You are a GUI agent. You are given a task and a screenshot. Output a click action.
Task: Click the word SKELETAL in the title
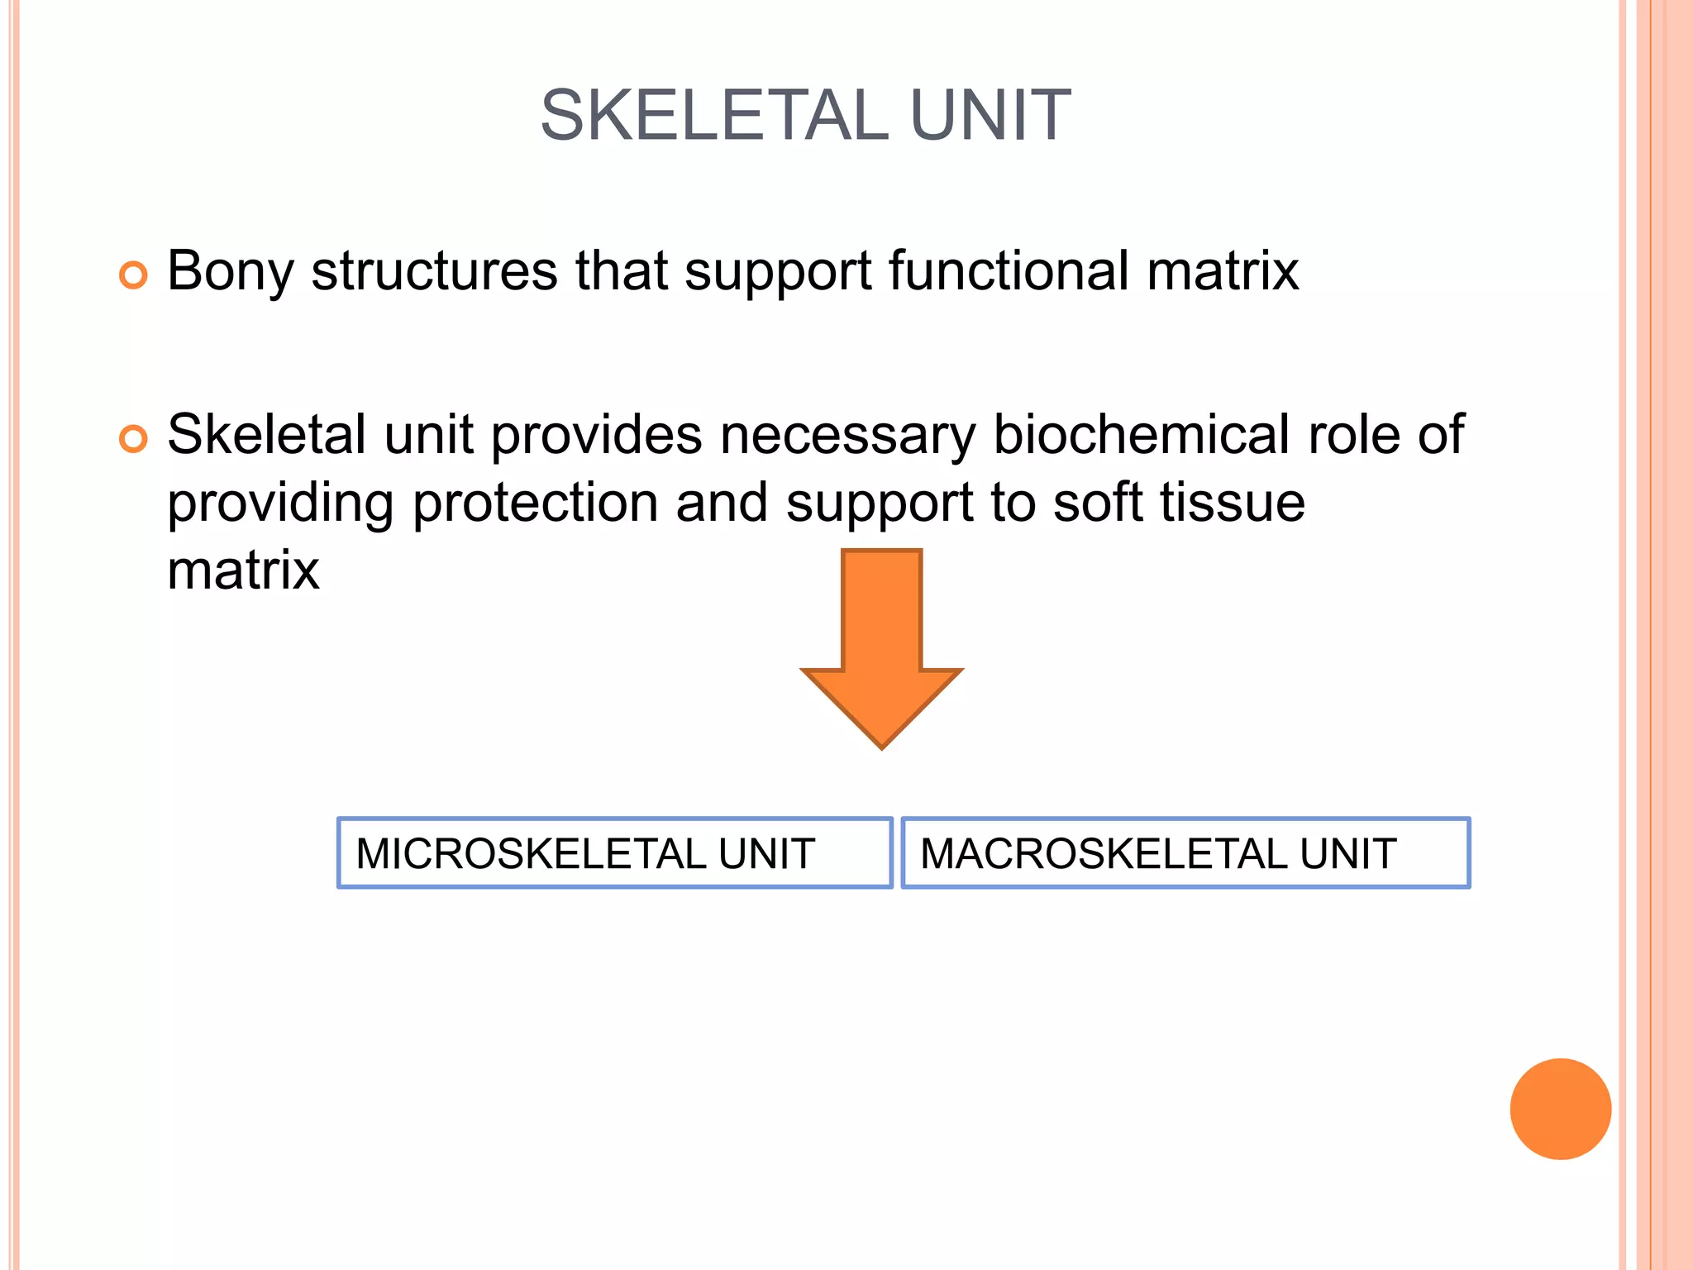pyautogui.click(x=714, y=116)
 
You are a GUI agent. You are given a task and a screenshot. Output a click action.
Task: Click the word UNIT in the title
pyautogui.click(x=990, y=116)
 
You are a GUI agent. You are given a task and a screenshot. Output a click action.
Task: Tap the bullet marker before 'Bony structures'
pyautogui.click(x=133, y=275)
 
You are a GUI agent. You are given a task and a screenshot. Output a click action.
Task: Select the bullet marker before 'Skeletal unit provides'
pyautogui.click(x=133, y=438)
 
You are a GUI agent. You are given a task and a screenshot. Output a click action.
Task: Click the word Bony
pyautogui.click(x=230, y=271)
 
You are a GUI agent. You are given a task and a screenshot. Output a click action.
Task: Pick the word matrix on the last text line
pyautogui.click(x=243, y=570)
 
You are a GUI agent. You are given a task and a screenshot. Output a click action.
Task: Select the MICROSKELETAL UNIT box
pyautogui.click(x=614, y=852)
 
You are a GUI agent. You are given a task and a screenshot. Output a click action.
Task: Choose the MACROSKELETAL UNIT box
pyautogui.click(x=1185, y=852)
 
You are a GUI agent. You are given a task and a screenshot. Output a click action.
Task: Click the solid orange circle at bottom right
pyautogui.click(x=1560, y=1109)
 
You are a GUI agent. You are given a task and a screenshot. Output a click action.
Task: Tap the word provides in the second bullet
pyautogui.click(x=596, y=435)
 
